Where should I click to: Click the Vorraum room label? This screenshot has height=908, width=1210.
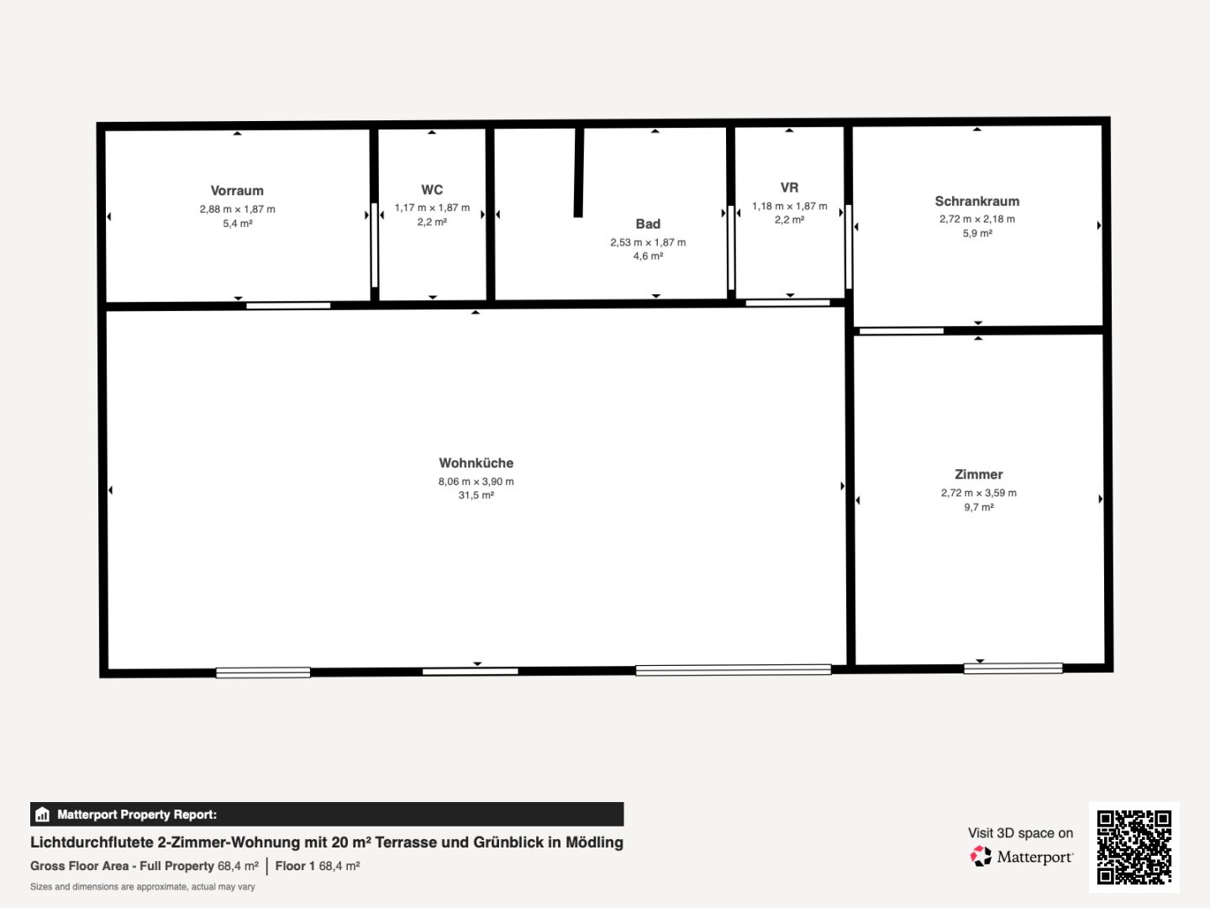237,191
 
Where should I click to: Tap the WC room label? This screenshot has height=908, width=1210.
432,190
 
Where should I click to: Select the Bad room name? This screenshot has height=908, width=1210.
648,224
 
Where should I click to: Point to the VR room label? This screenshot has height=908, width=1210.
789,187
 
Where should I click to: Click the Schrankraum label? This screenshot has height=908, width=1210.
976,201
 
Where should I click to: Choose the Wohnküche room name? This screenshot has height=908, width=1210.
476,463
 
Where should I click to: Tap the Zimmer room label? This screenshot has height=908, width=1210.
978,474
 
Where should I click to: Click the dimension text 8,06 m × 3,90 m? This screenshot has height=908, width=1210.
476,481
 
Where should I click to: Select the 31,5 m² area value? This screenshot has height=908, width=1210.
476,495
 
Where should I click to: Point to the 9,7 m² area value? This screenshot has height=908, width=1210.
978,507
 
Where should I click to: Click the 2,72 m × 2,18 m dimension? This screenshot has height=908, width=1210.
976,219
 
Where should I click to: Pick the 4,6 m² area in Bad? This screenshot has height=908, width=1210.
648,256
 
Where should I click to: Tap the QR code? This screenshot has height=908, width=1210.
1134,847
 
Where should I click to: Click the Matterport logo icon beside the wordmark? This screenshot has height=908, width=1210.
981,856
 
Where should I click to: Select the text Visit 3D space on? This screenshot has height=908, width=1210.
1020,833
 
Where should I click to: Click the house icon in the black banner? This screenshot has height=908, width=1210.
43,815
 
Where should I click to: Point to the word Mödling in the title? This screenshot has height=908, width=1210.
594,842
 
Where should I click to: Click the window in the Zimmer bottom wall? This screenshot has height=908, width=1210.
1013,668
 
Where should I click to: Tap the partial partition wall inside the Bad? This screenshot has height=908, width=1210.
578,172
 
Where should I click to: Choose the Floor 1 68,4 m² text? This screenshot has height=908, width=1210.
318,866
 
